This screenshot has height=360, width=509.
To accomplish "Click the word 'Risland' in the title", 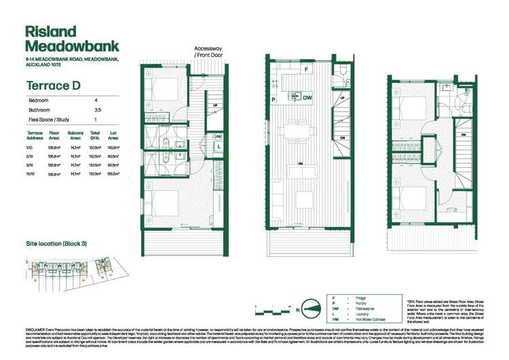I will pos(49,32).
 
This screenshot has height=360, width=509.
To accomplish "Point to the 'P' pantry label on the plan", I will pos(273,98).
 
